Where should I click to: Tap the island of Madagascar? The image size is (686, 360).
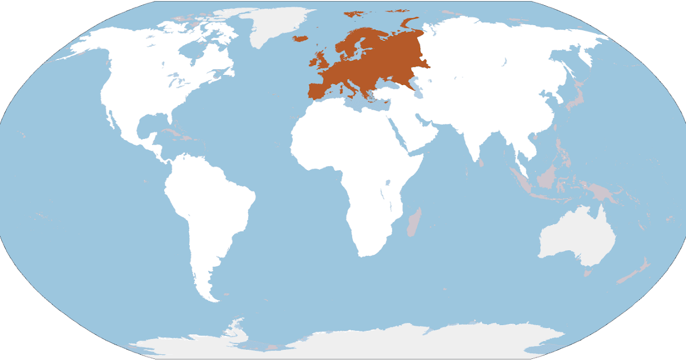[414, 223]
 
